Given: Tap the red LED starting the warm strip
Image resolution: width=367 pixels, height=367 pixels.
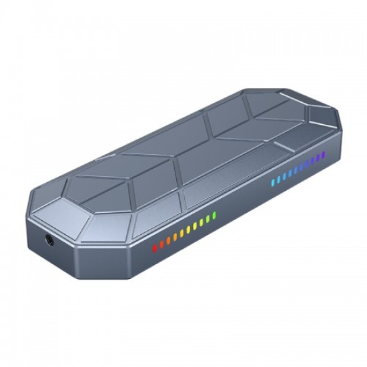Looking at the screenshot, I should (155, 248).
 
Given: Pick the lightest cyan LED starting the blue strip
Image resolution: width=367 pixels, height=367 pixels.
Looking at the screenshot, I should (274, 181).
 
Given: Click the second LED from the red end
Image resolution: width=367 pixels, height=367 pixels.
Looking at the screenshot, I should (161, 244).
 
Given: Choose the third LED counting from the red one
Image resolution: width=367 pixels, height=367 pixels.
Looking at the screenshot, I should (167, 241).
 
